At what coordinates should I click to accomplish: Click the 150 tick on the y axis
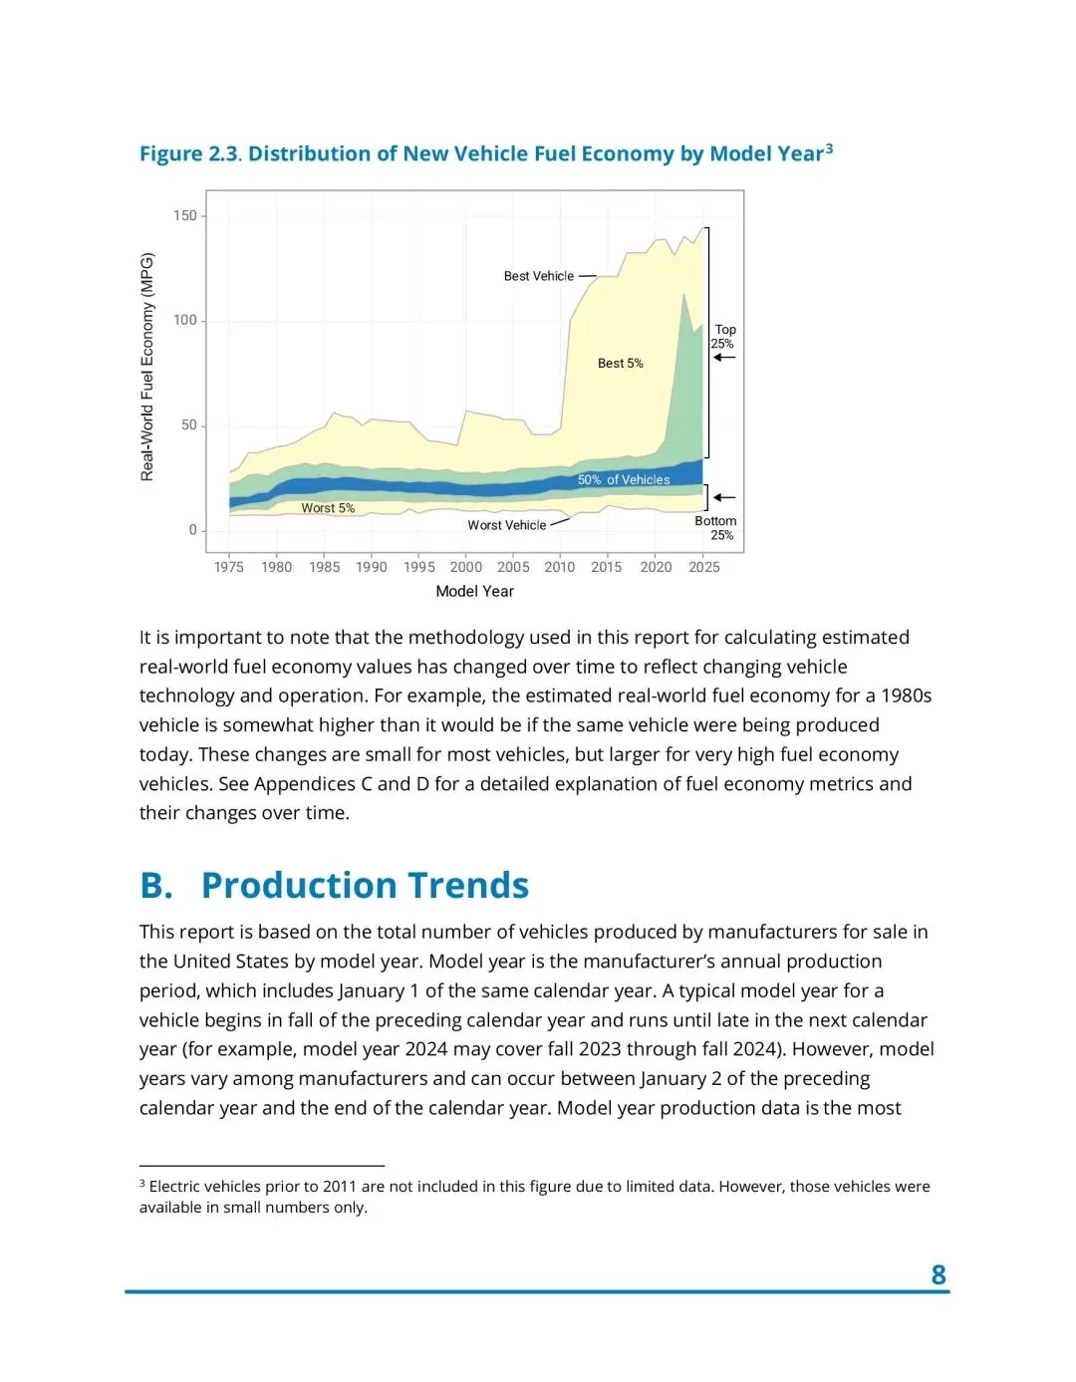185,216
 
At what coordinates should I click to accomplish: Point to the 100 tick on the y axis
185,321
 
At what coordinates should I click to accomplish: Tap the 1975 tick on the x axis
229,567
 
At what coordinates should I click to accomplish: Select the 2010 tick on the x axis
560,567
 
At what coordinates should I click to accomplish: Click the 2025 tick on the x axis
704,567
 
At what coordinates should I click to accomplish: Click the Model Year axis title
474,591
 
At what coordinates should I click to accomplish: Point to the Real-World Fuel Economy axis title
147,367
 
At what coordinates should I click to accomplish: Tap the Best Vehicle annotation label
539,276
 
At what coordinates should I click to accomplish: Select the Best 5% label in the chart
620,364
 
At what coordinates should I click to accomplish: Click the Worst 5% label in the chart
328,508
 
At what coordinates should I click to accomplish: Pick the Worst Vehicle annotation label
507,525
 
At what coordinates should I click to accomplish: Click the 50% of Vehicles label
624,480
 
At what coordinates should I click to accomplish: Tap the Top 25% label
724,337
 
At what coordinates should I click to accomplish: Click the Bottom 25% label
716,528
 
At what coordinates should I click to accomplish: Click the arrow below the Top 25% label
724,358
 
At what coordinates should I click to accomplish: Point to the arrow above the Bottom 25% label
724,497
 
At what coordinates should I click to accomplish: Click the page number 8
939,1274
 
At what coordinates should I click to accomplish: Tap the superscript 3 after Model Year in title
829,148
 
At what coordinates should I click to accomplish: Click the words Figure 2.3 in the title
188,154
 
